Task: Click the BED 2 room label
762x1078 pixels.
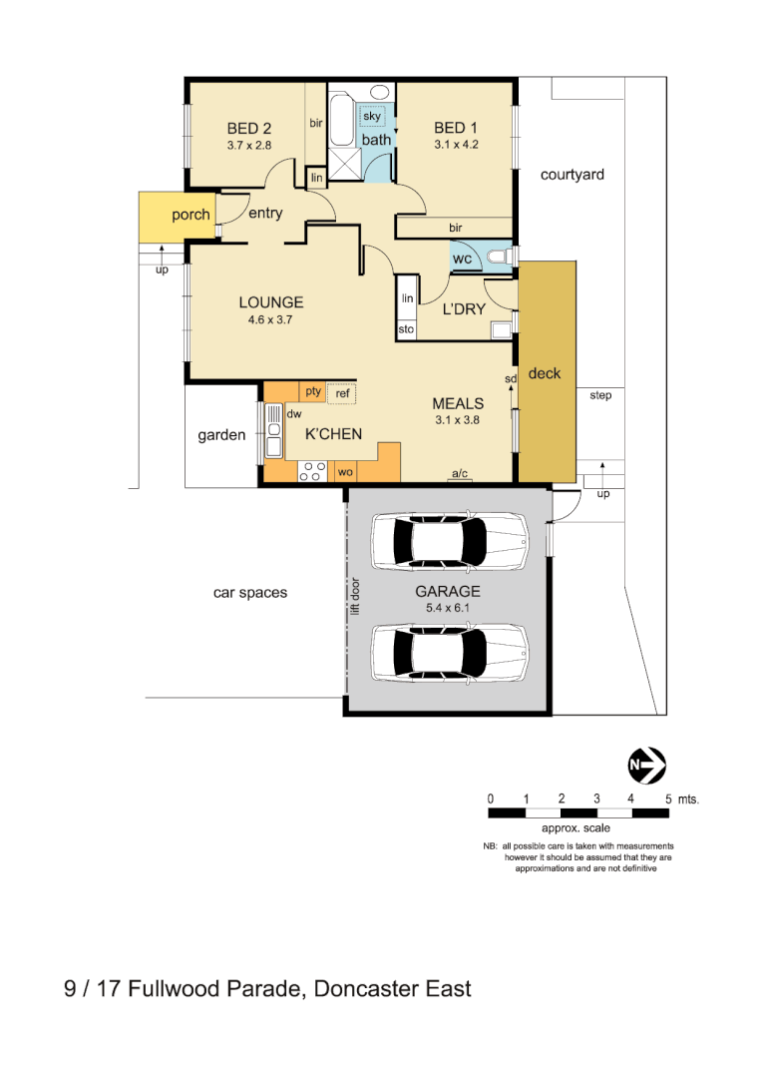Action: pos(248,128)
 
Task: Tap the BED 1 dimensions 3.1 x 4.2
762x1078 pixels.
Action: pos(456,145)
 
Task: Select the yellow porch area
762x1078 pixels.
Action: pos(177,216)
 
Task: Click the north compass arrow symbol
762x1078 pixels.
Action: pos(646,766)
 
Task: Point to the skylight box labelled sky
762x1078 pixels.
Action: pos(372,117)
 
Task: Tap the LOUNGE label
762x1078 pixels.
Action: pos(270,302)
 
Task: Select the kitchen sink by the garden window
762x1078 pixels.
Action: pos(272,431)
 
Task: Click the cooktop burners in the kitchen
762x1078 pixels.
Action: pos(310,471)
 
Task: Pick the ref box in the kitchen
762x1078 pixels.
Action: pos(342,393)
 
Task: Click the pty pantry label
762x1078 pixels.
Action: pos(313,391)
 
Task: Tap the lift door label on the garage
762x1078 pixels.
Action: pos(355,595)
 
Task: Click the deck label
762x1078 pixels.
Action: pos(545,373)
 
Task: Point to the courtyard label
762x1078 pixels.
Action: pos(571,175)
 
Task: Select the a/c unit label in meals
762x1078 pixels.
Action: pos(460,473)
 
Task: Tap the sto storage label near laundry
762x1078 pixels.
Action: pos(406,328)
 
